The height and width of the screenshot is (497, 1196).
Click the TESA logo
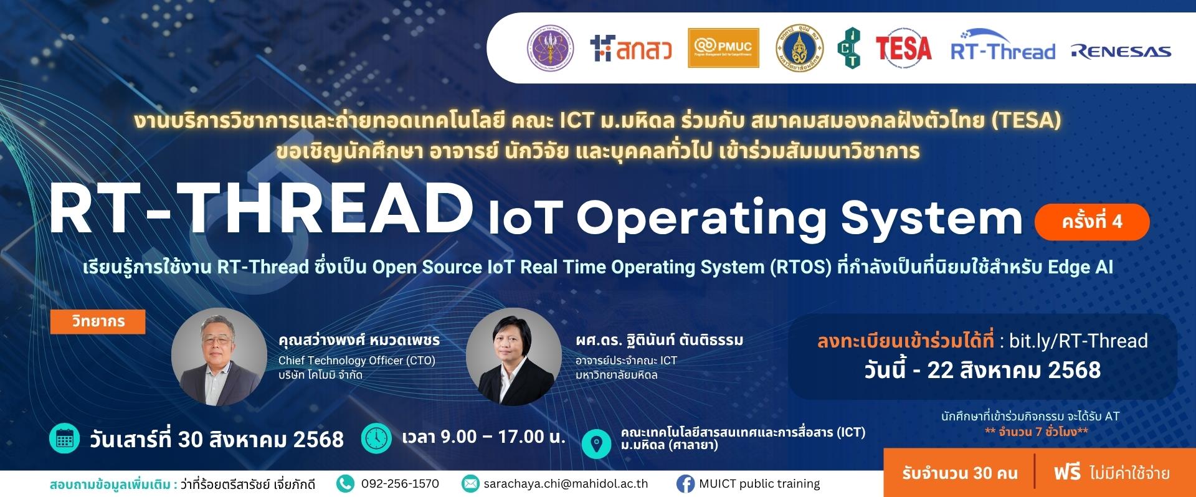[x=903, y=49]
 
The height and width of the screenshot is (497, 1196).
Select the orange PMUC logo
[x=723, y=48]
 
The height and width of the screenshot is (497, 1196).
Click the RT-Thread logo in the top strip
[x=1003, y=45]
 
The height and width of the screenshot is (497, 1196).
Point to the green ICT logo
[x=849, y=48]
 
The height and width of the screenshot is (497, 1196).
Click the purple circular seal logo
[x=551, y=48]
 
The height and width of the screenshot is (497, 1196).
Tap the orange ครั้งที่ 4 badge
[x=1091, y=222]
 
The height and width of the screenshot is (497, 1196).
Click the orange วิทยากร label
[x=98, y=321]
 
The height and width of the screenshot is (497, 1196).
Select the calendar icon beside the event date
[x=64, y=439]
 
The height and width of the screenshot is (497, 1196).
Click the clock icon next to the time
[x=376, y=438]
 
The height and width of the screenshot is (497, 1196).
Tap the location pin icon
[x=596, y=443]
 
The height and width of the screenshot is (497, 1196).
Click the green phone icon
[x=344, y=484]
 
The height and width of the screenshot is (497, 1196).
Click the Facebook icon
[x=685, y=484]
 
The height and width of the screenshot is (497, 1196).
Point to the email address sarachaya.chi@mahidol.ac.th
[x=566, y=484]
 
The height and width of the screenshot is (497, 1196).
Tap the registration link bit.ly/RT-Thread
[x=1078, y=341]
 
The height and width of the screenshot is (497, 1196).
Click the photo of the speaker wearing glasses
[x=219, y=357]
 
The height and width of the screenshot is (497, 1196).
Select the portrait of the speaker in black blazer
[x=514, y=357]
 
